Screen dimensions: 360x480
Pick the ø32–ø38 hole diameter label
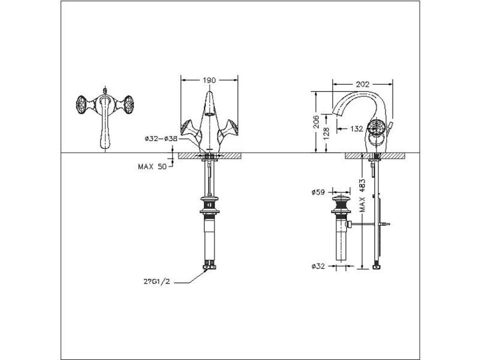161,139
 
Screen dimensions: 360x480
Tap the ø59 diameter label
319,192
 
